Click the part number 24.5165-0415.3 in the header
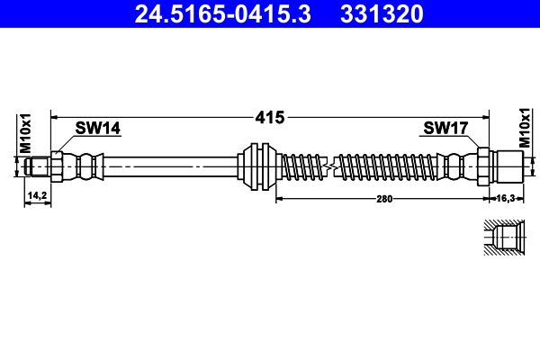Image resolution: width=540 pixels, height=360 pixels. [220, 13]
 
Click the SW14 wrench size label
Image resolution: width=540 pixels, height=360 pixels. [97, 129]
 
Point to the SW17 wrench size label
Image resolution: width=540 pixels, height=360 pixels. [445, 129]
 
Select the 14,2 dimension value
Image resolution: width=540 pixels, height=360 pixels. [37, 193]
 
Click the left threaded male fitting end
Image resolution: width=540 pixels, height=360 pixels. [37, 166]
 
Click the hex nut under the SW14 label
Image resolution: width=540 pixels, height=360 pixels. [58, 166]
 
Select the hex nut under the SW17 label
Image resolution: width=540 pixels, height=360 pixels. [482, 166]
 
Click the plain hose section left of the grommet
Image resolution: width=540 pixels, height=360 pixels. [171, 166]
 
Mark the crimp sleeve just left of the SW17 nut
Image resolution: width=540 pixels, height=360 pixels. [459, 166]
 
